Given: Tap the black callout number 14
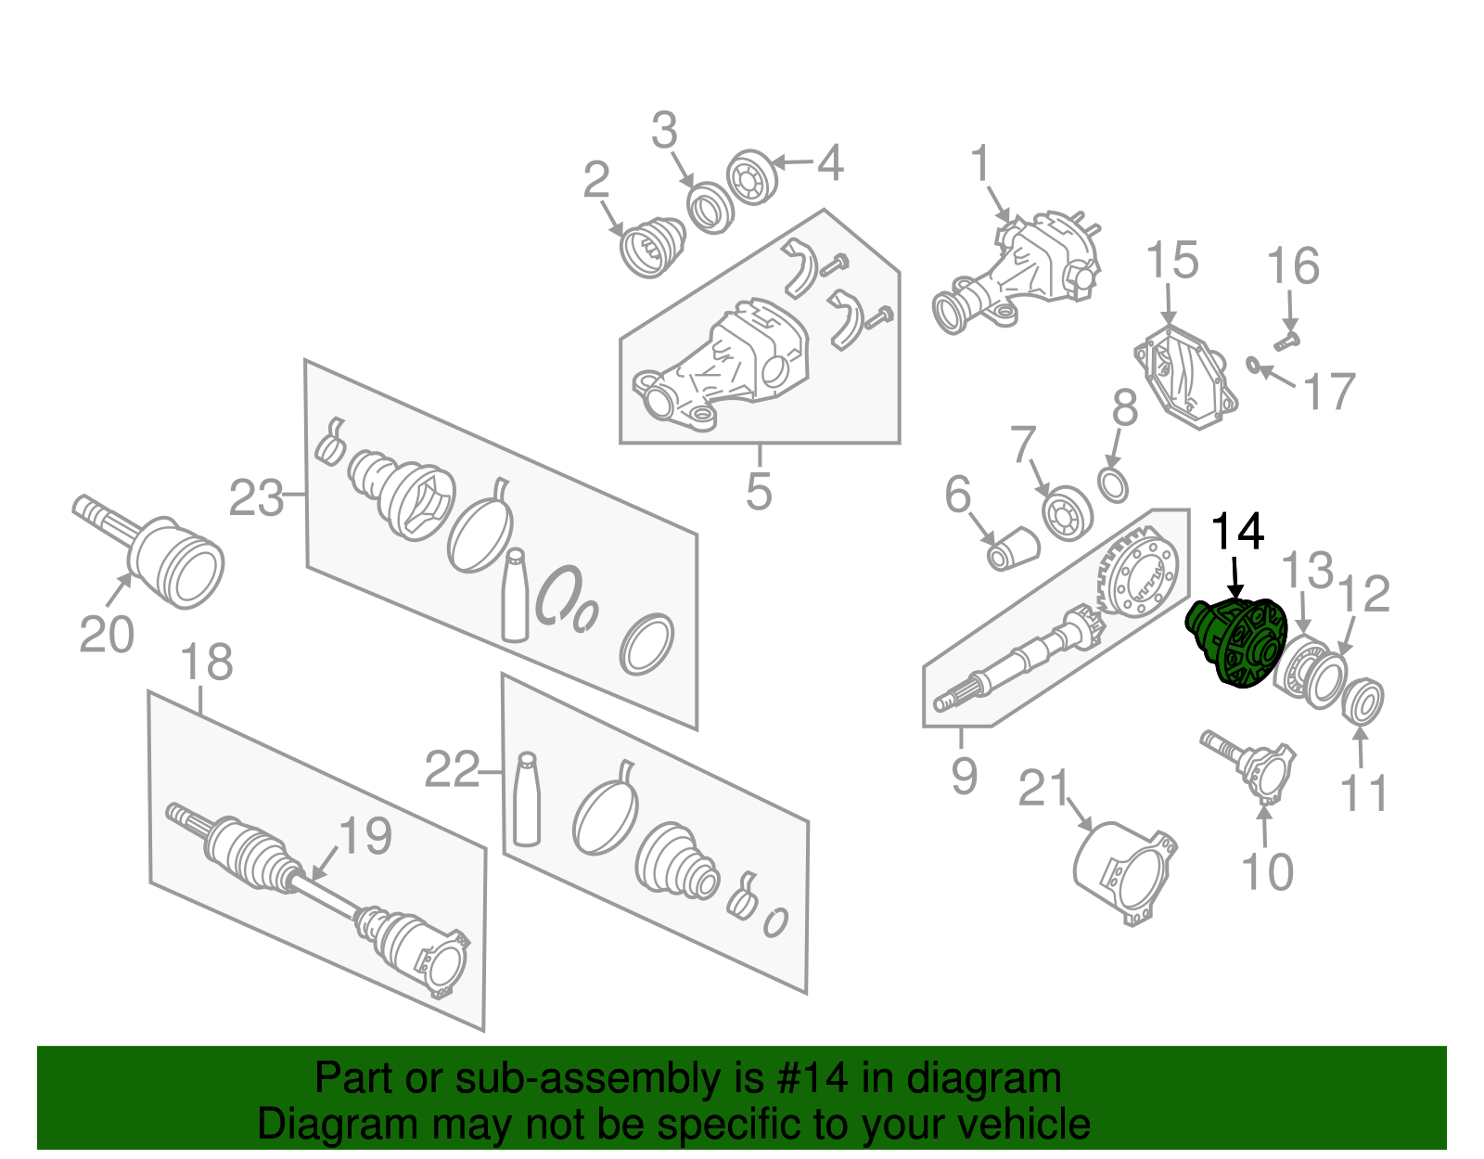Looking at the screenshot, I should pyautogui.click(x=1237, y=532).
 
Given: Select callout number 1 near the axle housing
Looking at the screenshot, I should pyautogui.click(x=980, y=164).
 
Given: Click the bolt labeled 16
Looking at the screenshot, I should pyautogui.click(x=1286, y=341).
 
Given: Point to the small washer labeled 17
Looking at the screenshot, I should pyautogui.click(x=1252, y=363).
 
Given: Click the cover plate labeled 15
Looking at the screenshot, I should pyautogui.click(x=1186, y=375).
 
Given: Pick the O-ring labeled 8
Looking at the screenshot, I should pyautogui.click(x=1113, y=483).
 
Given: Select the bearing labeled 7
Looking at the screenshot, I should pyautogui.click(x=1067, y=511).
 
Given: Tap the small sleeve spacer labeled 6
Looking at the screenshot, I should pyautogui.click(x=1013, y=548).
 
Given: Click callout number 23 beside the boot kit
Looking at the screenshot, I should pyautogui.click(x=256, y=498).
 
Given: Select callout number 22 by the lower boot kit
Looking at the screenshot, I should pyautogui.click(x=452, y=769).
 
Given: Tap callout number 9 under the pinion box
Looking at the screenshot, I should pyautogui.click(x=964, y=775).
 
